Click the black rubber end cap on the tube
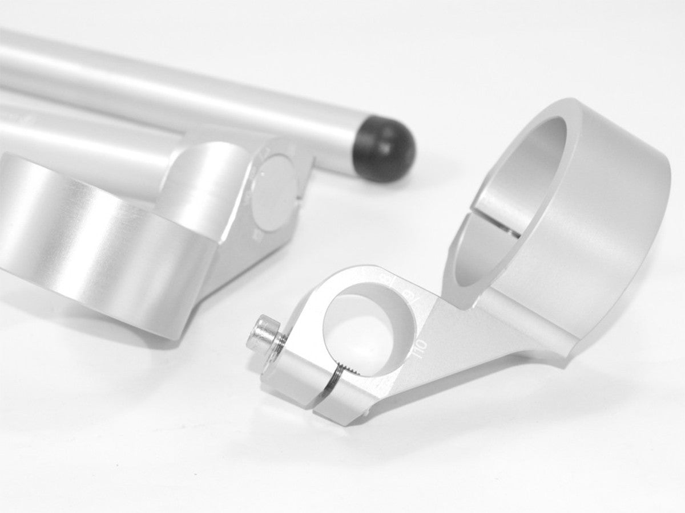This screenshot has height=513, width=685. (x=385, y=151)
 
